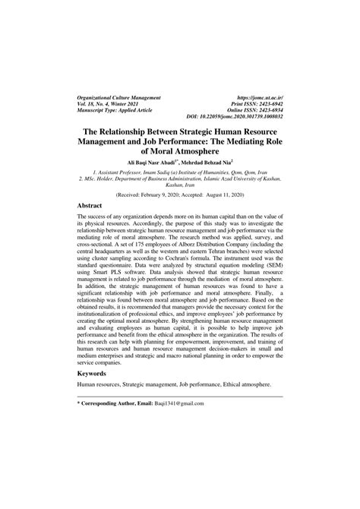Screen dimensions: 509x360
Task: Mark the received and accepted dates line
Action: pos(179,194)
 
